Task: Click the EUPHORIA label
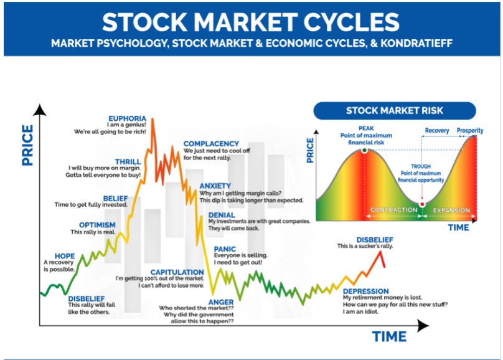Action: click(127, 118)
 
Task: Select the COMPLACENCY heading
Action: click(211, 144)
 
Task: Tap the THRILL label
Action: click(128, 162)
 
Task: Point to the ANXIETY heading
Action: click(215, 186)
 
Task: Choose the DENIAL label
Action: click(222, 215)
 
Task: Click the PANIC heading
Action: click(225, 249)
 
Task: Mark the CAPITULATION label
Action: click(177, 272)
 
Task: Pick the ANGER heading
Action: click(221, 302)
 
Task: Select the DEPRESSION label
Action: click(365, 291)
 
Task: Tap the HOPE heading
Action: click(65, 256)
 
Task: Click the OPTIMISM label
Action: click(97, 225)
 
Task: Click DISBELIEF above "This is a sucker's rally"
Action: click(375, 240)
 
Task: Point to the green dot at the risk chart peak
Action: click(364, 150)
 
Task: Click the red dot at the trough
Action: click(422, 204)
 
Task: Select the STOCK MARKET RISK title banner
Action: click(395, 111)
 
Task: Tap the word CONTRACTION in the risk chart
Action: click(394, 210)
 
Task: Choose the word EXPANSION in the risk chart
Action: click(451, 211)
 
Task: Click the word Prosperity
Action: click(470, 131)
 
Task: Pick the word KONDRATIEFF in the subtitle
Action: click(416, 44)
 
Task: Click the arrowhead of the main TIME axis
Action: click(423, 326)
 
